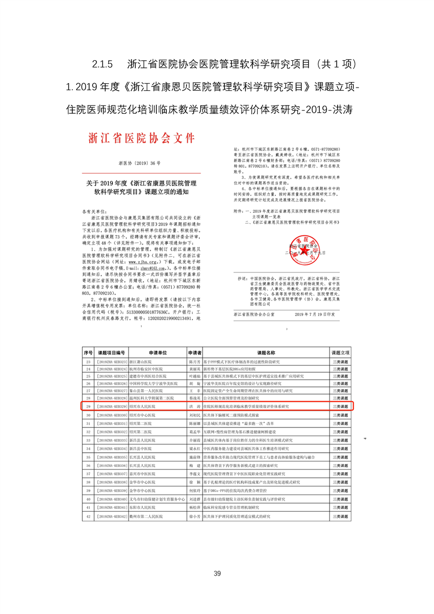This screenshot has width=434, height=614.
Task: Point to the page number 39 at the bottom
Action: [217, 573]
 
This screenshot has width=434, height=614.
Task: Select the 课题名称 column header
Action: [265, 354]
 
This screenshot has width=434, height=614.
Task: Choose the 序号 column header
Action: [88, 354]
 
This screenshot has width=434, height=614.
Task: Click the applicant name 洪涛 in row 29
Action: [194, 407]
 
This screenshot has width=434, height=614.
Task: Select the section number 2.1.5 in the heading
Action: [102, 64]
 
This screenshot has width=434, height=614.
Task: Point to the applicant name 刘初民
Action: [194, 415]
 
